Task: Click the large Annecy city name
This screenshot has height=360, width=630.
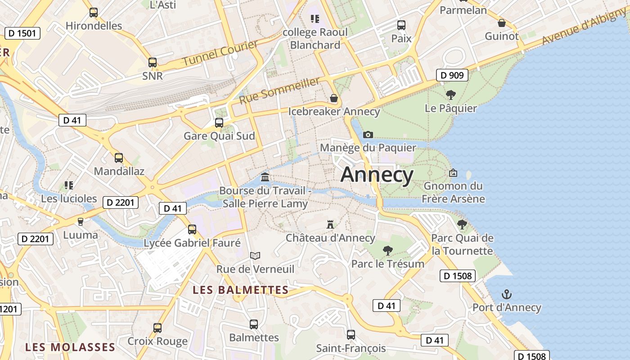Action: tap(377, 175)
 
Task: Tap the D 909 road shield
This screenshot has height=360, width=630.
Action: tap(452, 75)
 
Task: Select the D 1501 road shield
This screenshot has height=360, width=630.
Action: tap(22, 33)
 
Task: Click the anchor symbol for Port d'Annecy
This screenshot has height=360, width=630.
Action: tap(507, 295)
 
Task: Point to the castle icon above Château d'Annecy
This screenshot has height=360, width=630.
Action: tap(330, 224)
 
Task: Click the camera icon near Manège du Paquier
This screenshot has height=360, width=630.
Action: tap(368, 135)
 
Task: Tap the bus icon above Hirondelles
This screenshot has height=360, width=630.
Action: tap(94, 13)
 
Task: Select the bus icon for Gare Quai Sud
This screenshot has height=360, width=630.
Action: tap(219, 122)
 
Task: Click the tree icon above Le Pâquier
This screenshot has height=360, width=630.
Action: tap(450, 95)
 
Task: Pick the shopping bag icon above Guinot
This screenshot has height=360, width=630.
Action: tap(502, 23)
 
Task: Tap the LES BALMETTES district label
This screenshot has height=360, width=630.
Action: tap(240, 290)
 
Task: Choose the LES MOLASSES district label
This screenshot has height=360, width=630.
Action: tap(70, 347)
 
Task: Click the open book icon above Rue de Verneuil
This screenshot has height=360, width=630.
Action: tap(255, 256)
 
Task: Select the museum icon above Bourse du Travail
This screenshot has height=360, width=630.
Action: tap(265, 177)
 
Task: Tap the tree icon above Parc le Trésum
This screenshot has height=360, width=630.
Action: tap(387, 251)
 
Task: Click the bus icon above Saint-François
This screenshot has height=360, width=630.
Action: tap(351, 335)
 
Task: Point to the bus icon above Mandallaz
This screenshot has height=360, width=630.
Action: tap(119, 158)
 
